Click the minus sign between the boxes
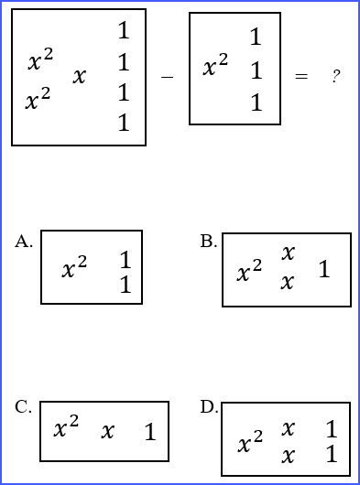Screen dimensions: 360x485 click(x=167, y=78)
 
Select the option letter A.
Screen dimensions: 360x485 click(x=24, y=242)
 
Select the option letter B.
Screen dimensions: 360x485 click(x=209, y=242)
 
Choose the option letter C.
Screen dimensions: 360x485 click(x=24, y=407)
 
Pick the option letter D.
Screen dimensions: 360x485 click(x=209, y=407)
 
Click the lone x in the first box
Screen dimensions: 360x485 click(x=80, y=77)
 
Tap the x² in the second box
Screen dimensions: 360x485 click(x=215, y=67)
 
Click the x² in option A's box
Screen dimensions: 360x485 click(x=74, y=269)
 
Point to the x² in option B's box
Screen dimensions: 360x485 click(x=249, y=272)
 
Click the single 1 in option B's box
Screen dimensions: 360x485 click(x=324, y=270)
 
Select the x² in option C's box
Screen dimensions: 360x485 click(x=66, y=428)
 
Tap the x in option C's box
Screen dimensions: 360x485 click(x=108, y=431)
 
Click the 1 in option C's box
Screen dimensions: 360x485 click(x=150, y=433)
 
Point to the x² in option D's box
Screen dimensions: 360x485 click(x=250, y=445)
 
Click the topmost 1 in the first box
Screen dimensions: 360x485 click(x=124, y=32)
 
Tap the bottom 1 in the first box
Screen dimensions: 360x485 click(x=124, y=124)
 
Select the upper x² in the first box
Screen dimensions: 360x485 click(x=40, y=61)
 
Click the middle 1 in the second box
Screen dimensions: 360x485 click(x=256, y=70)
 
